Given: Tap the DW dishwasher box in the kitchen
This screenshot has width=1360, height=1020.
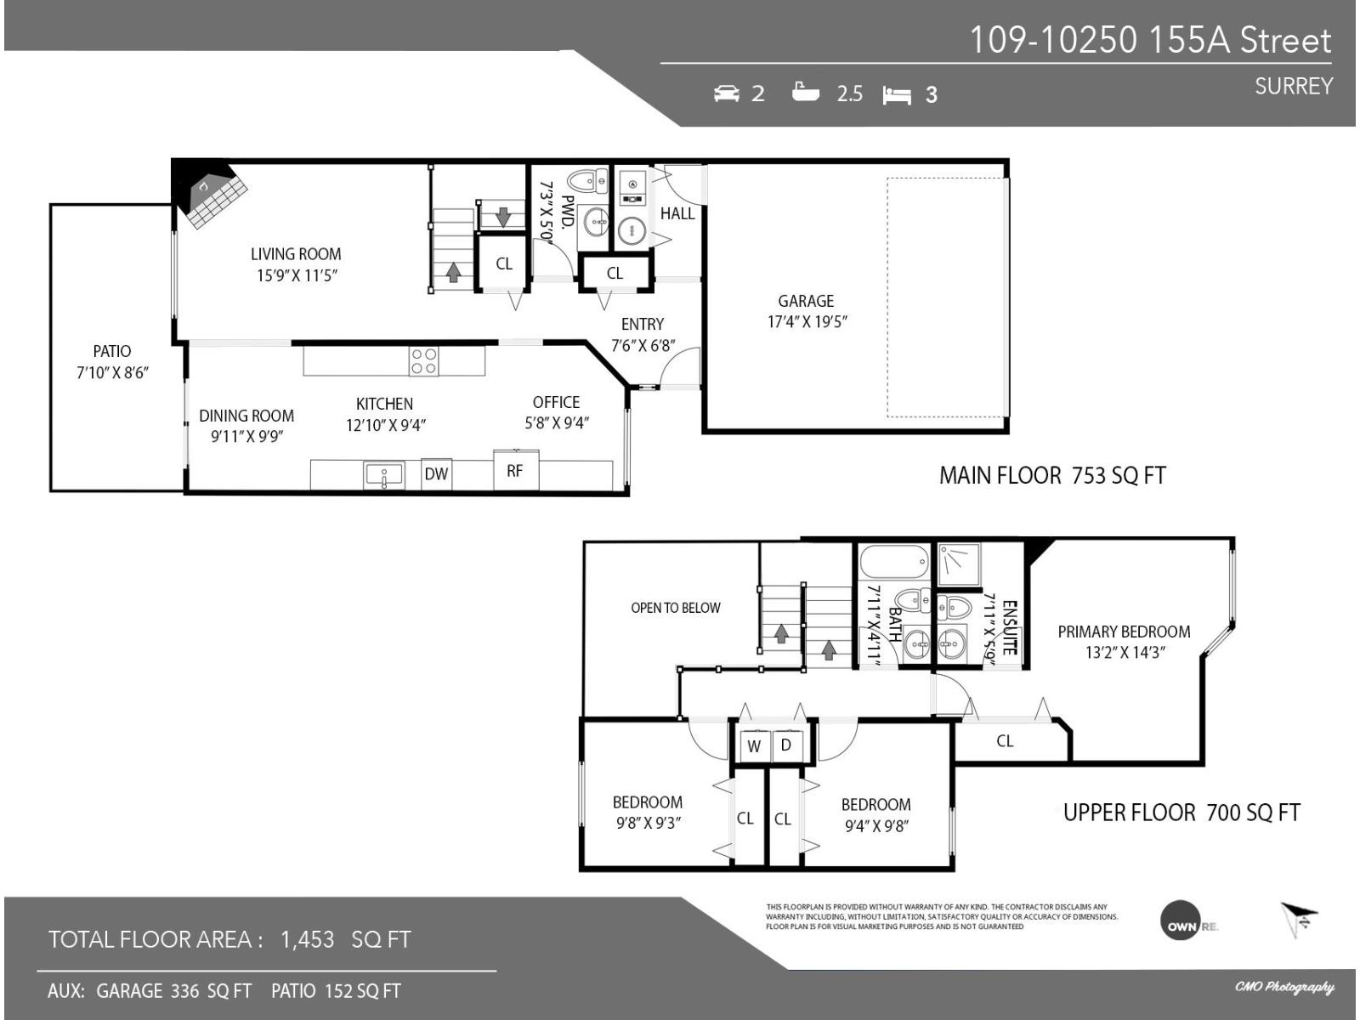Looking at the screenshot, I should pos(436,473).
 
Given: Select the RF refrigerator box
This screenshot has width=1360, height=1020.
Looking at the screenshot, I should pos(515,470).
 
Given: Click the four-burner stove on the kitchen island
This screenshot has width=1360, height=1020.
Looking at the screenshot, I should pos(424,361).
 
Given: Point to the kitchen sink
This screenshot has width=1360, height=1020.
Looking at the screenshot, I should pos(383,475).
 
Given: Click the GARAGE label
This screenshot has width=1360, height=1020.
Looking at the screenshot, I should pos(806,301).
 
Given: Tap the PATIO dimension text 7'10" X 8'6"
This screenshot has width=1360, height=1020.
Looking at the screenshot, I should pos(112,372).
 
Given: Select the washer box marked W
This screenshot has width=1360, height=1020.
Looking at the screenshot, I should pos(753,746).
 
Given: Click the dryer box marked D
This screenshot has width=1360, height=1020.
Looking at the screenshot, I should pos(786,745).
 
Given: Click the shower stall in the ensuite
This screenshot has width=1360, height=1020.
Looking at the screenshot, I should pos(959,564).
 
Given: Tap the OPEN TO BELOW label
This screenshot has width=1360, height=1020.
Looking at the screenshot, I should pos(675,608).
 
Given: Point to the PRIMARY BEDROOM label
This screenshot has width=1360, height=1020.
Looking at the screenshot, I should pos(1124,632).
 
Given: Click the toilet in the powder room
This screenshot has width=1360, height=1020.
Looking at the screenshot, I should pos(586,181).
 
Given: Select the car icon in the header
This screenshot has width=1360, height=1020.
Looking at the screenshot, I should pos(727,93).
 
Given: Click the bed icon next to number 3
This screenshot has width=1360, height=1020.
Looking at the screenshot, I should pos(897,95).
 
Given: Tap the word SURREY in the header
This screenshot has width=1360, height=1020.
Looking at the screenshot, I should pos(1293,86).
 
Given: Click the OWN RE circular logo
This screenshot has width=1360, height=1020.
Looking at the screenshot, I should pos(1187,921).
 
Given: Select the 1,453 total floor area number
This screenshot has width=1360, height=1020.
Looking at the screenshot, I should pos(307,939).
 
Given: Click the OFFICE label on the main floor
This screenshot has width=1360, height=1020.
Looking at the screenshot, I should pos(556,402).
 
